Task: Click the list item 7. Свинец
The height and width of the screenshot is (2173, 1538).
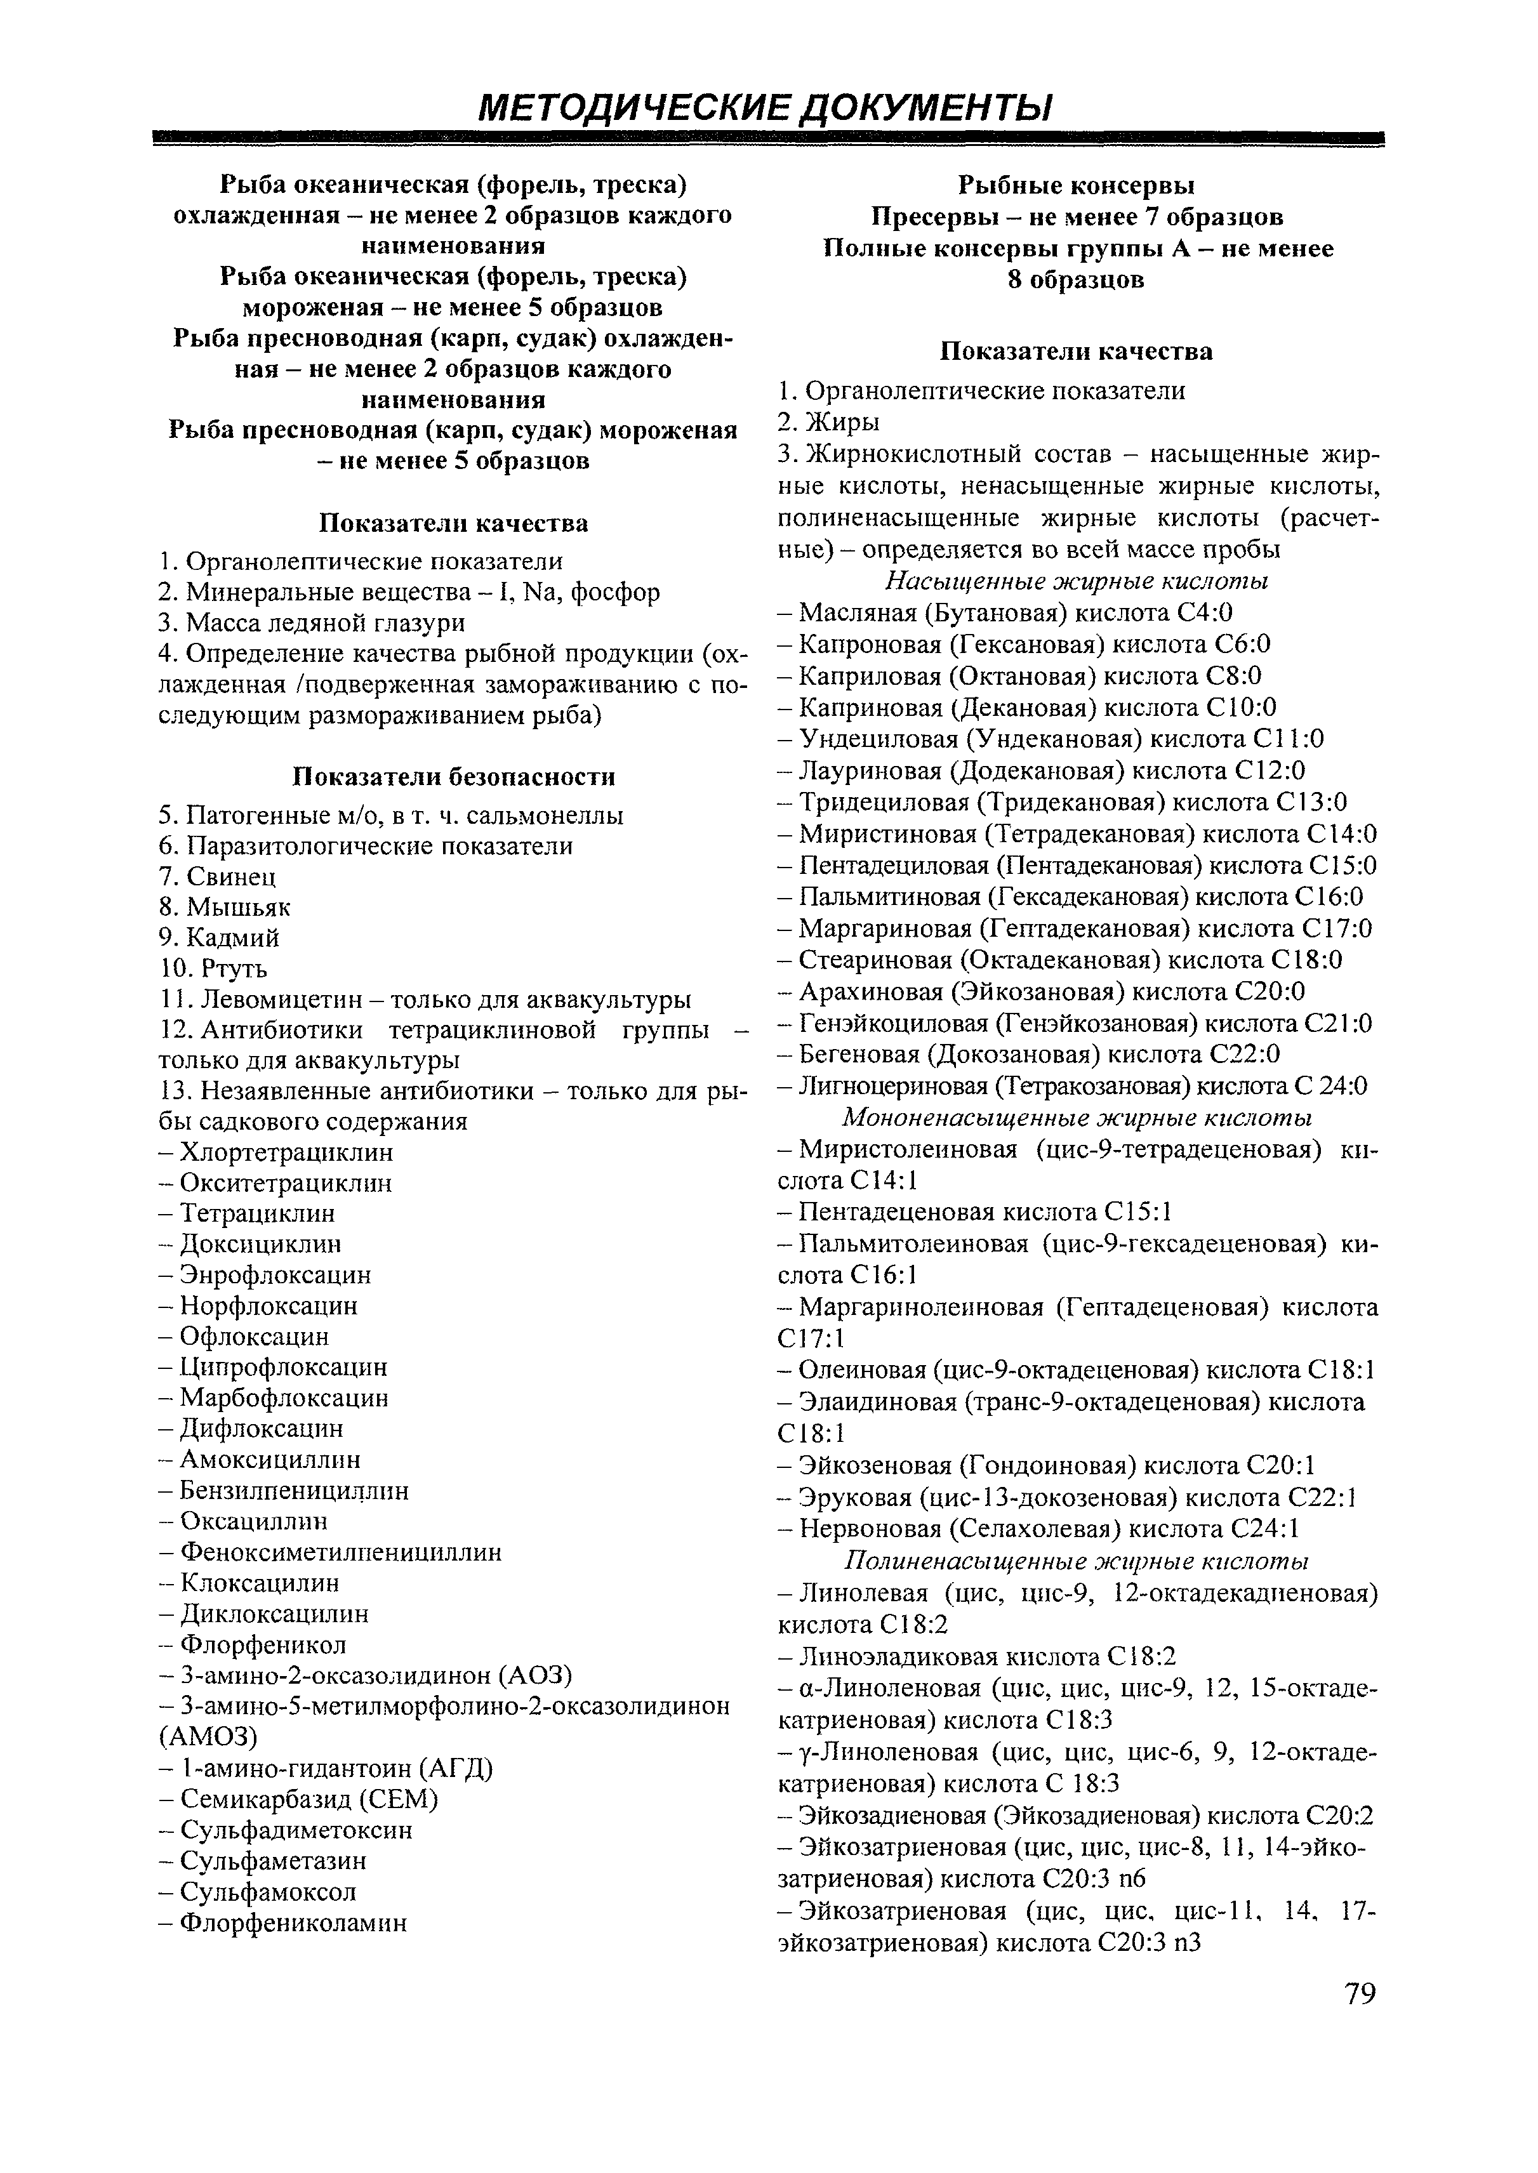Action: click(x=218, y=877)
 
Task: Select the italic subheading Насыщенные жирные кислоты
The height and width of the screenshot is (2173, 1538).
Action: click(x=1077, y=581)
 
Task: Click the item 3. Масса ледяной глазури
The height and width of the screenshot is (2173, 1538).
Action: click(x=312, y=623)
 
